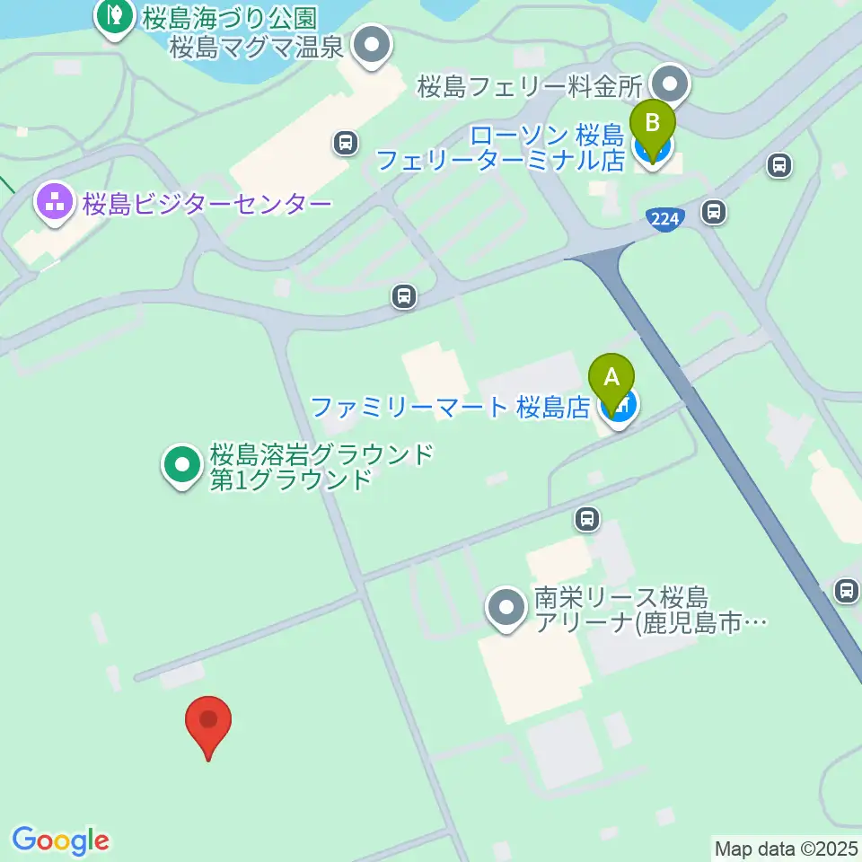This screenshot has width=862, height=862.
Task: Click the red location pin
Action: [x=208, y=723]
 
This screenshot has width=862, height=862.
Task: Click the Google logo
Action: [x=60, y=840]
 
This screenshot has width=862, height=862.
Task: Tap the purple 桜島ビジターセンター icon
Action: [x=56, y=203]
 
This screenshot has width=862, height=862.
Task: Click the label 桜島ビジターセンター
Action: [x=207, y=205]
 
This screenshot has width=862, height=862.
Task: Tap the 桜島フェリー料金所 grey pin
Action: [x=669, y=86]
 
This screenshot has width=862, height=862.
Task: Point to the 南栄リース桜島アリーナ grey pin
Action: [x=506, y=609]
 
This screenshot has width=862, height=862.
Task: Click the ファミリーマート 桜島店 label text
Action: [x=449, y=408]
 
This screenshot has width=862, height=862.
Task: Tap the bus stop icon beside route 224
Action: [x=714, y=212]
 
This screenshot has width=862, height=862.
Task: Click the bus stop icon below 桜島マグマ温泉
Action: [x=345, y=142]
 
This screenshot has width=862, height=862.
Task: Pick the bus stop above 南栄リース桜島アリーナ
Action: [x=586, y=518]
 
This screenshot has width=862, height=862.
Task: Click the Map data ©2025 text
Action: [x=787, y=848]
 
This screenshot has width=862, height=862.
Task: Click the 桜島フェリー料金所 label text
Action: [x=531, y=87]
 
